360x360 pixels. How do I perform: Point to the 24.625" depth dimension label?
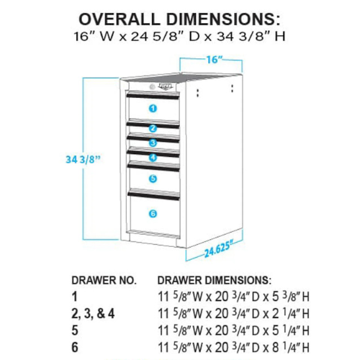click(221, 251)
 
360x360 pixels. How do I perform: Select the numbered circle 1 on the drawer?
click(153, 108)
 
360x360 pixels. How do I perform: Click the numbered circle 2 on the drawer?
click(153, 129)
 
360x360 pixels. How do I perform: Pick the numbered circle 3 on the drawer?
click(153, 143)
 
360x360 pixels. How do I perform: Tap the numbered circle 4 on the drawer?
click(153, 157)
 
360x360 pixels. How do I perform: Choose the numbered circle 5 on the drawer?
click(153, 178)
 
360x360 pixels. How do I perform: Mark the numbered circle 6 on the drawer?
click(153, 213)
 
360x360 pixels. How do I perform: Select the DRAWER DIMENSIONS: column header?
click(214, 279)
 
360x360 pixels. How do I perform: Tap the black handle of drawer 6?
click(153, 193)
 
